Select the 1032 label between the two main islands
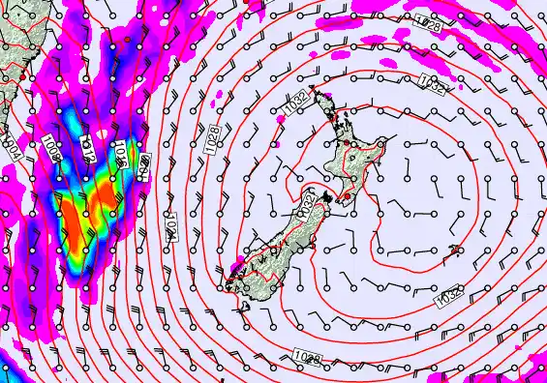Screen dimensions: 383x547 [308, 205]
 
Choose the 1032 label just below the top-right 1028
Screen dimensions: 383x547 [433, 86]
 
